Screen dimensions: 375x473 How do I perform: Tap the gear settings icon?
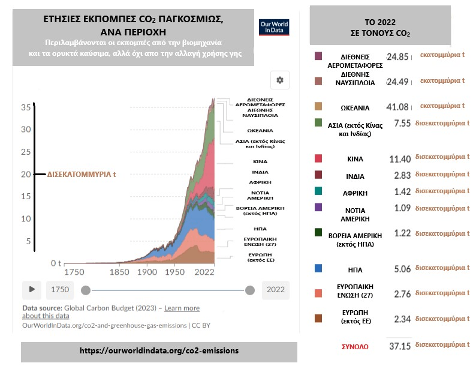279,80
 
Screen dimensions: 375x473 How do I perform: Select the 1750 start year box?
60,290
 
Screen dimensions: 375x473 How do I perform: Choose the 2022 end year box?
275,290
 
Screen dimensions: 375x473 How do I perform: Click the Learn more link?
182,308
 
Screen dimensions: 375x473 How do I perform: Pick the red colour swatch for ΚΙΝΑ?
318,158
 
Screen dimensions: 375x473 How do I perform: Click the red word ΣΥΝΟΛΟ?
355,347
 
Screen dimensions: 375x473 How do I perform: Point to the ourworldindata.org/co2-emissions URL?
159,350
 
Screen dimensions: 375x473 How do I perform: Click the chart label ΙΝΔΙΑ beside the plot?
260,172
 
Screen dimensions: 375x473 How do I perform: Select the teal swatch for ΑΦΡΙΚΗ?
318,191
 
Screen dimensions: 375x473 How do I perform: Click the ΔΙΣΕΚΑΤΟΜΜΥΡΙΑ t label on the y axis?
82,175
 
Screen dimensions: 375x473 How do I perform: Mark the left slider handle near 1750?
86,290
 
